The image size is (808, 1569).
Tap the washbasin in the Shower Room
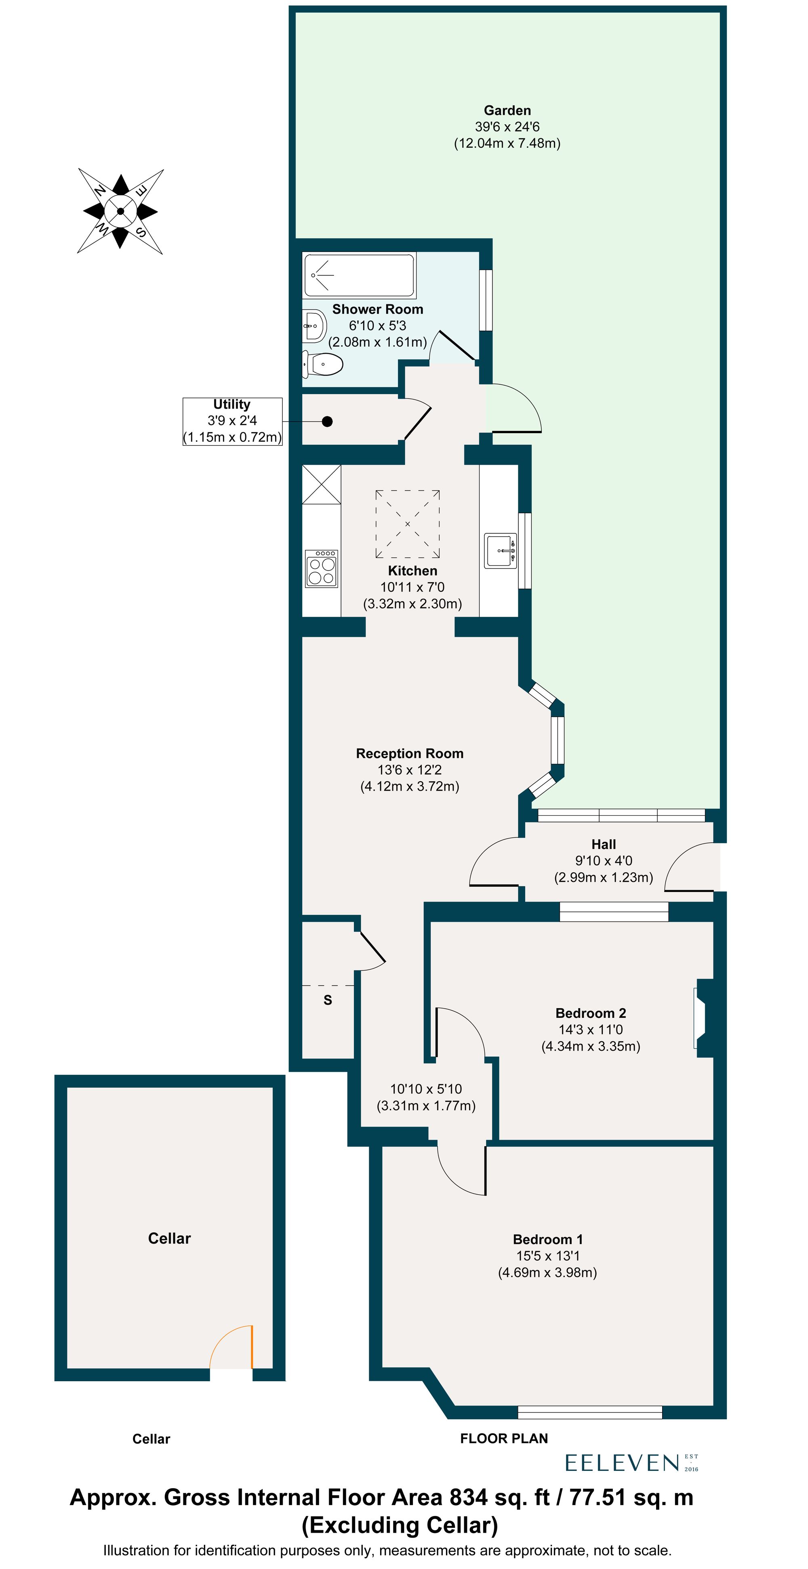click(314, 326)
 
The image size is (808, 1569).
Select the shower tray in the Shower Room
click(360, 275)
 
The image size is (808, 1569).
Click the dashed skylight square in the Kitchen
click(408, 524)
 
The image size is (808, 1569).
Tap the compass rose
click(121, 211)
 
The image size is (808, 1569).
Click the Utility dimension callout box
click(232, 422)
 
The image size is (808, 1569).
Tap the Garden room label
click(507, 111)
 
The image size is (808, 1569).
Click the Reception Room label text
click(410, 753)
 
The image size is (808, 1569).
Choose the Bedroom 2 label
click(591, 1013)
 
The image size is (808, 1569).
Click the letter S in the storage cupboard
click(328, 1000)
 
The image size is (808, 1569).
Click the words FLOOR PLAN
click(504, 1439)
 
